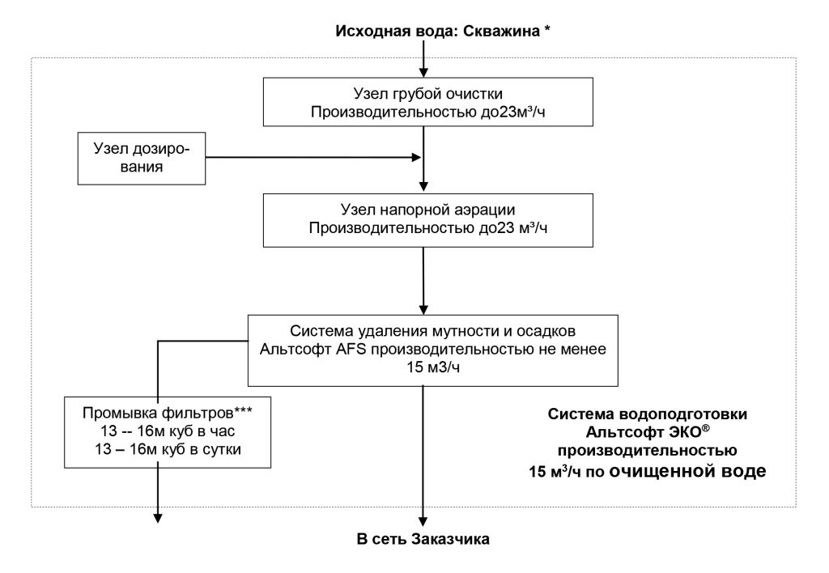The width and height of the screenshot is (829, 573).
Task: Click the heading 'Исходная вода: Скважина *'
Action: click(x=437, y=32)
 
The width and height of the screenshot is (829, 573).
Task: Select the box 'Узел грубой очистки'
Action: click(x=423, y=102)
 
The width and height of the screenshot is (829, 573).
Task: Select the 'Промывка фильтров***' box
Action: click(x=168, y=430)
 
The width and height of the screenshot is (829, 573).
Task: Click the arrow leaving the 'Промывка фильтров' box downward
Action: click(x=158, y=494)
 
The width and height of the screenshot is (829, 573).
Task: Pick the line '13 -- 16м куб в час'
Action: click(x=168, y=431)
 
